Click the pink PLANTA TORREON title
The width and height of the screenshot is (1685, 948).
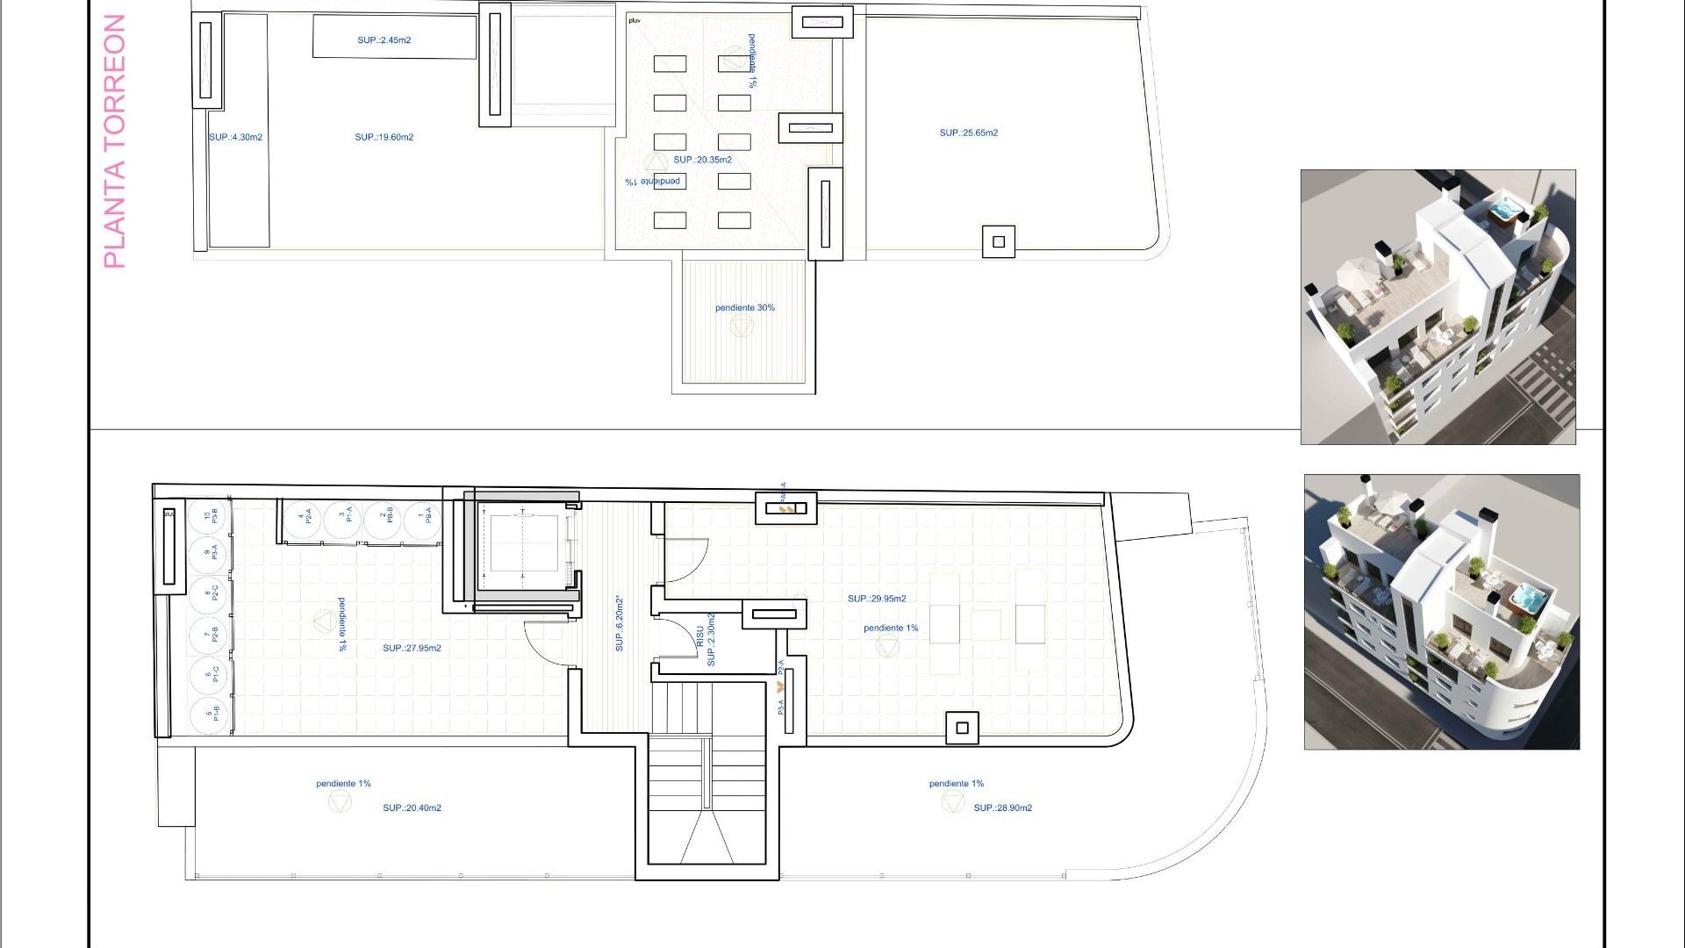(x=115, y=140)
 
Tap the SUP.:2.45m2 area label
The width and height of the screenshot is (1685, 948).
(x=384, y=40)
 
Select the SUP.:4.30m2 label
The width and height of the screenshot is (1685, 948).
(x=235, y=138)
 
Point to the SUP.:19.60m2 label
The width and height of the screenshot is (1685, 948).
(x=384, y=138)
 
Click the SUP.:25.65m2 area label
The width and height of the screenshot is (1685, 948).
(x=968, y=133)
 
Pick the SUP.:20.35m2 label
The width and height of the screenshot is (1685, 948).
(x=702, y=161)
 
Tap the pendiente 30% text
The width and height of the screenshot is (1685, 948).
(x=744, y=308)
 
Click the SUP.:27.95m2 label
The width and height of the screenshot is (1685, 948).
(x=412, y=649)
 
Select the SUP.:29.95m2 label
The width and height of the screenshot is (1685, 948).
(x=877, y=599)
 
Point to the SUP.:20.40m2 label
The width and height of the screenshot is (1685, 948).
(x=412, y=808)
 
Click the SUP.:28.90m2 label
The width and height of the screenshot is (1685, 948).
(x=1002, y=808)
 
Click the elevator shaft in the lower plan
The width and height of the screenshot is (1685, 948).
(x=524, y=543)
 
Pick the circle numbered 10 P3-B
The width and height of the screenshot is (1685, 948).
(x=210, y=517)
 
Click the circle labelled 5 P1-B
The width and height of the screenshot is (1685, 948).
(x=210, y=712)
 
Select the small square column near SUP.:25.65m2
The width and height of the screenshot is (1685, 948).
(x=998, y=242)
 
